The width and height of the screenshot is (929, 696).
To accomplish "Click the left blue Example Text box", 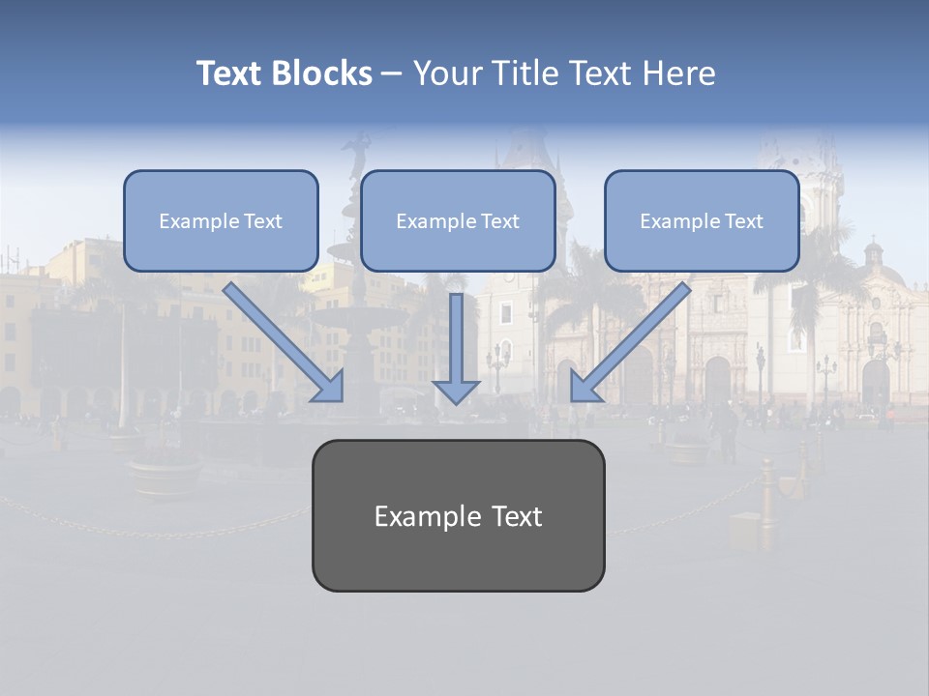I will (221, 220).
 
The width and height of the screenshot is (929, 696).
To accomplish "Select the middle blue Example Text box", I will (458, 220).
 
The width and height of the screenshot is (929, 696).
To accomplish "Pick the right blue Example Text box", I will (702, 220).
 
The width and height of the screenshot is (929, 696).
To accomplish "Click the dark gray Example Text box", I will (458, 516).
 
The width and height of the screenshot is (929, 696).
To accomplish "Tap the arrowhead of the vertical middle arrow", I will (456, 390).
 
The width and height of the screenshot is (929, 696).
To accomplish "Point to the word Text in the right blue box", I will (743, 220).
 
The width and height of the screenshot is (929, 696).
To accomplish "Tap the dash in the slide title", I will (392, 73).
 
